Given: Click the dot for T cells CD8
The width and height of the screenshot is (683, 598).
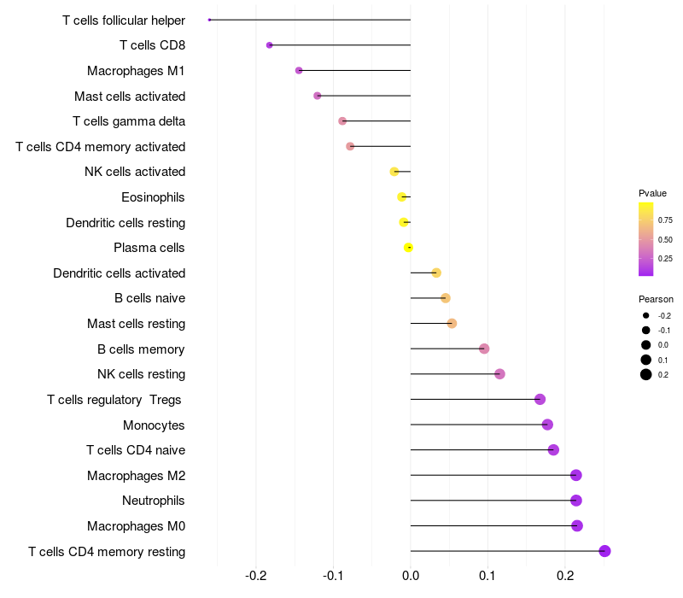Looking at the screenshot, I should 270,45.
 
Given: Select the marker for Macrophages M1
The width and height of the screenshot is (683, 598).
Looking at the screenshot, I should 299,70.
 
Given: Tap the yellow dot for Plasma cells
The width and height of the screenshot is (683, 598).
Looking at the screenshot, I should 408,248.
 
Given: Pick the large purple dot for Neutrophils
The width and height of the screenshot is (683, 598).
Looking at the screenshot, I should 576,501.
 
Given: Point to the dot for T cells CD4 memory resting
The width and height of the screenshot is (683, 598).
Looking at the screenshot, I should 605,551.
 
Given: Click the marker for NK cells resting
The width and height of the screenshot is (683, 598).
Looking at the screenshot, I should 499,374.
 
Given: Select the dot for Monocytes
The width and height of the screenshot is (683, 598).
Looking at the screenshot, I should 547,425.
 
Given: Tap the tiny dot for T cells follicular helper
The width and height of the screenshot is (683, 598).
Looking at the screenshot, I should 209,20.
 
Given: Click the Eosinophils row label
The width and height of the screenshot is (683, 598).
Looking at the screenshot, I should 153,197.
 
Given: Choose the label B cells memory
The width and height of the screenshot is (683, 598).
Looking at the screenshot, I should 141,349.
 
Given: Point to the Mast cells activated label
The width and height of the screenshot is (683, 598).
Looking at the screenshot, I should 130,96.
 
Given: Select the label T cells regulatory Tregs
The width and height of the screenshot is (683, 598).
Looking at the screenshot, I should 115,400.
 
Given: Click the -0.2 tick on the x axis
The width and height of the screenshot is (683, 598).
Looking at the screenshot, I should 256,575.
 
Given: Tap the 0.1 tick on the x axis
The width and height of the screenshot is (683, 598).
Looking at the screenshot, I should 487,575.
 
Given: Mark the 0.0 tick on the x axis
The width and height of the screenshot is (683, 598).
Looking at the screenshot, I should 411,575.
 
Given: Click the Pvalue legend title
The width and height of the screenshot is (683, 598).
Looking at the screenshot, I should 652,193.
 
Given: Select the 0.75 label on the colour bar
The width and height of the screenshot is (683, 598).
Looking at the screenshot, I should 665,220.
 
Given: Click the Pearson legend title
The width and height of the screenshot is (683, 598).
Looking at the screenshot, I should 656,299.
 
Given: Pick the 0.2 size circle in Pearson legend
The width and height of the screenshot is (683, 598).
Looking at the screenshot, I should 646,374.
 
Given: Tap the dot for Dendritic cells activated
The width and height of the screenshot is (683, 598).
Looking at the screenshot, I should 436,273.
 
